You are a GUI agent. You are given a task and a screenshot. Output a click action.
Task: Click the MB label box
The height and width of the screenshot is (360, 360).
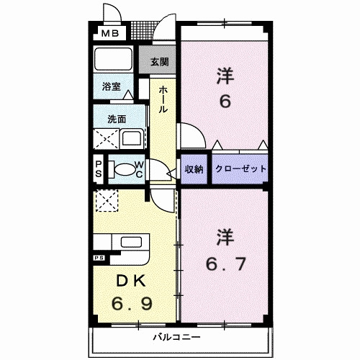pyautogui.click(x=110, y=33)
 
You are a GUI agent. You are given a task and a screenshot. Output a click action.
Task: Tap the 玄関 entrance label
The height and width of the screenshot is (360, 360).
pyautogui.click(x=159, y=62)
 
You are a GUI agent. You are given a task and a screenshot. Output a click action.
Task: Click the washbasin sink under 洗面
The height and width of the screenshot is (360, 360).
pyautogui.click(x=132, y=138)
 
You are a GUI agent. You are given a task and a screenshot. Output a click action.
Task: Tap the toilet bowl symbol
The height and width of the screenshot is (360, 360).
pyautogui.click(x=127, y=171)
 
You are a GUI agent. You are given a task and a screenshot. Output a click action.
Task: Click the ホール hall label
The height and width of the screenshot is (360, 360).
pyautogui.click(x=163, y=99)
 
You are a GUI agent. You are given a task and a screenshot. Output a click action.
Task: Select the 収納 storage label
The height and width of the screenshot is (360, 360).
pyautogui.click(x=194, y=169)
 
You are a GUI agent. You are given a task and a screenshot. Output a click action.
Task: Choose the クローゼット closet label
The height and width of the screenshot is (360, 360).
pyautogui.click(x=240, y=169)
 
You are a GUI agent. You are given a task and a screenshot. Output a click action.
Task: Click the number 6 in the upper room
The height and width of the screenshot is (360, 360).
pyautogui.click(x=225, y=102)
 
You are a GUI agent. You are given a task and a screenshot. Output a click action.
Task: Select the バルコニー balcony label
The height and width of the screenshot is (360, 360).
pyautogui.click(x=171, y=336)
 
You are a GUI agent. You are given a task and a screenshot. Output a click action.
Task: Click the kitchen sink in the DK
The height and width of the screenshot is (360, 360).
pyautogui.click(x=130, y=244)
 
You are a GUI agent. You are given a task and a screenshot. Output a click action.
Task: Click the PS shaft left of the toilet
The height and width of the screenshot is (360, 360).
pyautogui.click(x=99, y=171)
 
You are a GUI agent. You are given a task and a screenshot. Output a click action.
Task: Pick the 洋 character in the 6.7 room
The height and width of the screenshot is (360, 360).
pyautogui.click(x=225, y=235)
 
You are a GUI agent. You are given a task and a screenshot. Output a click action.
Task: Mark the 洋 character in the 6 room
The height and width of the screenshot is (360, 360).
pyautogui.click(x=225, y=75)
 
